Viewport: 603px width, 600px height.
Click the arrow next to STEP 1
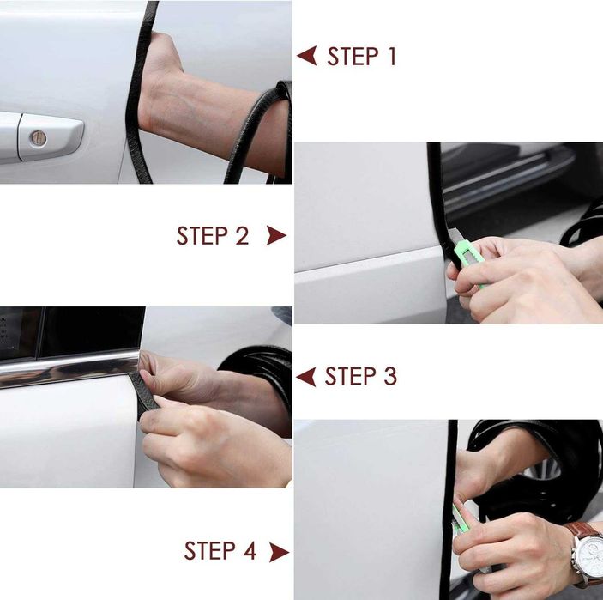click(307, 56)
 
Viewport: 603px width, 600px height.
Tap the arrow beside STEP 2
click(276, 235)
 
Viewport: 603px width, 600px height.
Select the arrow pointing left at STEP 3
click(306, 377)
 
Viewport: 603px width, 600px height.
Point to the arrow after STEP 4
click(279, 552)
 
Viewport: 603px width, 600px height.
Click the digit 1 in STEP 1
click(392, 56)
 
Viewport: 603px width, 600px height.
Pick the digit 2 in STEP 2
click(242, 235)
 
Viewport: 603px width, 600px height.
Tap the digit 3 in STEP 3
click(389, 377)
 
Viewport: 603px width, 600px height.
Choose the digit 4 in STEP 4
click(250, 550)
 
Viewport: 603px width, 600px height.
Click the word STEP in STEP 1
click(353, 56)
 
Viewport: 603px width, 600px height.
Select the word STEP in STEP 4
click(209, 550)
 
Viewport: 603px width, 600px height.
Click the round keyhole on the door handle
click(39, 138)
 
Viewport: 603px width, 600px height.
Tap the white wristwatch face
click(589, 555)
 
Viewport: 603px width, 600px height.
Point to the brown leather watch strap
click(582, 530)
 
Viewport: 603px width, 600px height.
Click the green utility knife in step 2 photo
click(467, 257)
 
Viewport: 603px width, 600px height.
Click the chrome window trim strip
click(69, 368)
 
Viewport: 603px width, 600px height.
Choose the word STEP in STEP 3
click(350, 377)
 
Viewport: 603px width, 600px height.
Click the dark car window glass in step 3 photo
click(93, 331)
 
